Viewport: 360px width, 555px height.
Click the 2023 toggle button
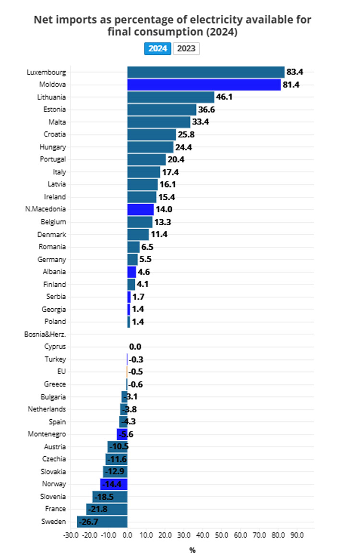(186, 48)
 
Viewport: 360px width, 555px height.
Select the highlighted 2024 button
(157, 48)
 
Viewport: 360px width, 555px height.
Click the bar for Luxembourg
(205, 72)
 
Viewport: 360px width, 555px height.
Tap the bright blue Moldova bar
(204, 85)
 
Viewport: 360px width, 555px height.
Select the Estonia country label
(54, 109)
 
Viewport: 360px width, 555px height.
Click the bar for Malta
(159, 122)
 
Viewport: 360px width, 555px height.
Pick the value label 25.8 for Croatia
(186, 135)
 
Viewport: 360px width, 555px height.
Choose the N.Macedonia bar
(140, 209)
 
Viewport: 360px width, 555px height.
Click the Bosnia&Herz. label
(45, 334)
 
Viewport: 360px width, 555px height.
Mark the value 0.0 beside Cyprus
(135, 347)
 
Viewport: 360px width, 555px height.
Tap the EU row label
(61, 372)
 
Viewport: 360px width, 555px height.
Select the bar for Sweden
(102, 521)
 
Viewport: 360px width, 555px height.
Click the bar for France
(107, 509)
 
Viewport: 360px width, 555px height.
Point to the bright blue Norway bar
(114, 484)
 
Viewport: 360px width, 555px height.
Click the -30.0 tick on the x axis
(71, 534)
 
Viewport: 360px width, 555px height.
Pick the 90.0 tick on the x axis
(297, 534)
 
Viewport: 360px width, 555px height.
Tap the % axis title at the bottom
(192, 550)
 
